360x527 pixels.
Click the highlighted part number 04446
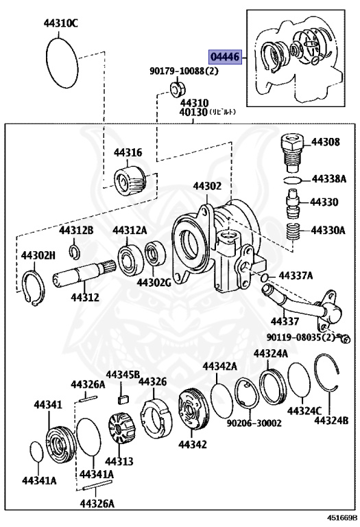point(226,57)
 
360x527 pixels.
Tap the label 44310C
point(60,23)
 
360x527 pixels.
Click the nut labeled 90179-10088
point(178,89)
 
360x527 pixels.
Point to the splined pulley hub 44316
point(130,180)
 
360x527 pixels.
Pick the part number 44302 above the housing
point(207,186)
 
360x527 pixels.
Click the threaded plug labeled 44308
point(292,152)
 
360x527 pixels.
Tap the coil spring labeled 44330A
point(293,231)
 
